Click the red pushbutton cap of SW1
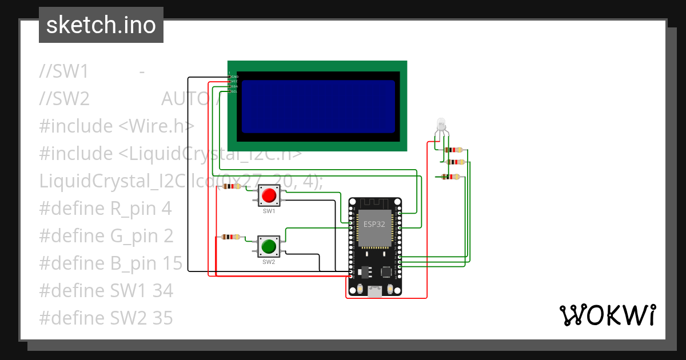coord(269,196)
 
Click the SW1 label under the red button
coord(269,211)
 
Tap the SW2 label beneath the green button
coord(269,262)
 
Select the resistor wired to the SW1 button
coord(232,186)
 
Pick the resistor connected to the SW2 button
coord(232,237)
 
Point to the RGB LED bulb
coord(441,123)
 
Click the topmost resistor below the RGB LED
coord(454,150)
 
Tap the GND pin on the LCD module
coord(234,77)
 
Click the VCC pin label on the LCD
coord(234,82)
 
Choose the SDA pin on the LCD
coord(234,86)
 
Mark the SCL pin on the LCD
coord(234,91)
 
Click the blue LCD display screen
coord(318,106)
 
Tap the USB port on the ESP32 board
coord(375,292)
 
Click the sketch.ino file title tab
coord(101,25)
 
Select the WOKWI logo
coord(607,315)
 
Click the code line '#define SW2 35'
coord(106,318)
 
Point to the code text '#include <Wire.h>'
coord(117,126)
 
